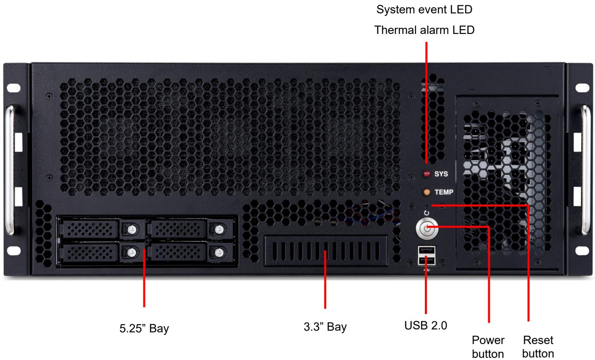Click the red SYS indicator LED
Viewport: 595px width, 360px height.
[427, 174]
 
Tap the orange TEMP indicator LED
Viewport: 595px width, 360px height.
[427, 192]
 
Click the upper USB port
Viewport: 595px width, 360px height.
[427, 250]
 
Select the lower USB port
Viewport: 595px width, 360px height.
[427, 261]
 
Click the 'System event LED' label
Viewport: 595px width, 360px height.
[424, 10]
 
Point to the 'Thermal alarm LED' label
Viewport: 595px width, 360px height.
[424, 30]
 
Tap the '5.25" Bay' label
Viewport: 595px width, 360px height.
[144, 329]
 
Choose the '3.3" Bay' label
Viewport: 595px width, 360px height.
[325, 327]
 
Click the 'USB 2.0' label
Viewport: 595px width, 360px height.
[426, 326]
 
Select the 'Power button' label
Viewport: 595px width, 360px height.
[488, 347]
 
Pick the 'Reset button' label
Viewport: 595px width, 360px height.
[538, 347]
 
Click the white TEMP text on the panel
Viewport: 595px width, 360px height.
[444, 192]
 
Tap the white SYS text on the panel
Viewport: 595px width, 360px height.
[441, 174]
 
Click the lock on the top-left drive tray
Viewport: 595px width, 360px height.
[132, 229]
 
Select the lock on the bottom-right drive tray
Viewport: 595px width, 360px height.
[220, 252]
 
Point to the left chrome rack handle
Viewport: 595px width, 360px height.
[10, 170]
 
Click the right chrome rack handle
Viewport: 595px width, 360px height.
[586, 170]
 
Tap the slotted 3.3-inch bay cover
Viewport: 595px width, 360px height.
[326, 251]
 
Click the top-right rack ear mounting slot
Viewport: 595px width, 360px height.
[582, 88]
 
